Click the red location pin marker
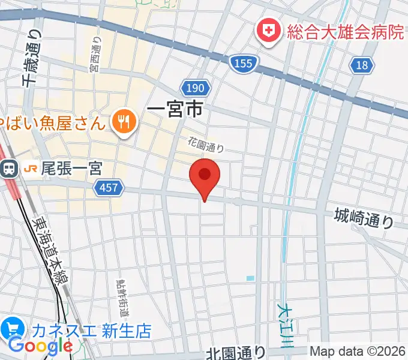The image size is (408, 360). tap(205, 176)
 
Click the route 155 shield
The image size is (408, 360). tap(244, 62)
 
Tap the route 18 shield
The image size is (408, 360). tap(362, 65)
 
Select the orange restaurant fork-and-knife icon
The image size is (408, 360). tap(124, 123)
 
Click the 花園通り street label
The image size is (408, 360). tap(205, 145)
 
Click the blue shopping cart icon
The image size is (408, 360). tap(12, 329)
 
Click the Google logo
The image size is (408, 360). tap(40, 346)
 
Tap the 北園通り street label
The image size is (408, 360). tap(236, 352)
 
